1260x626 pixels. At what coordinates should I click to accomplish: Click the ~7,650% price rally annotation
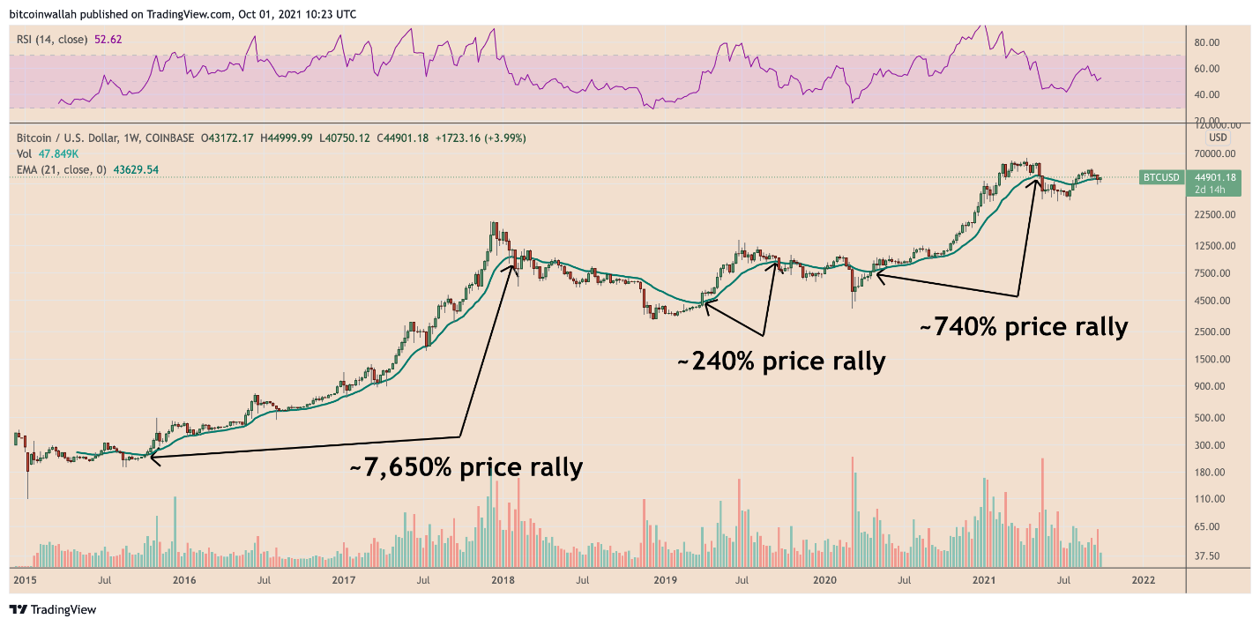[x=466, y=466]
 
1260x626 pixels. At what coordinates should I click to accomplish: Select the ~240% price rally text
[x=780, y=361]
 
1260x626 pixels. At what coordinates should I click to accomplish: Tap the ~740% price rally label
[x=1023, y=327]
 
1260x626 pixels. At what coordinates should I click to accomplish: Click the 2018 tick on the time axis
[x=503, y=580]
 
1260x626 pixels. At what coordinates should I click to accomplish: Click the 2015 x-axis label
[x=25, y=580]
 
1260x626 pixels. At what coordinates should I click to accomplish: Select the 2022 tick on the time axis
[x=1143, y=580]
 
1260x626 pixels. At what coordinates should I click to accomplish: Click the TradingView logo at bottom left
[x=52, y=609]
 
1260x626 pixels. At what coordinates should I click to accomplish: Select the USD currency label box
[x=1218, y=138]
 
